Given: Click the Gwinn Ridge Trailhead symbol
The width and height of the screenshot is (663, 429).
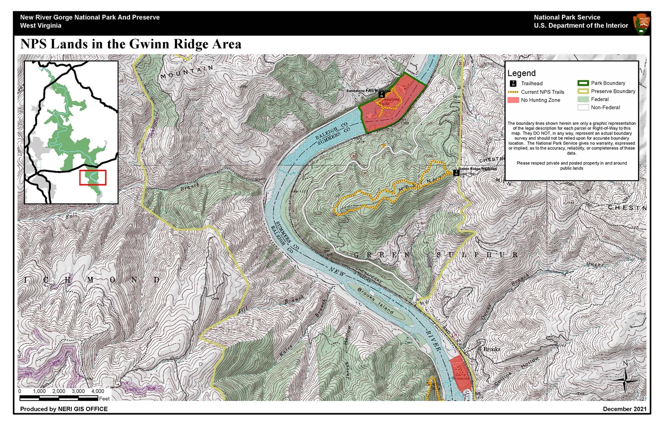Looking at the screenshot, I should click(x=456, y=173).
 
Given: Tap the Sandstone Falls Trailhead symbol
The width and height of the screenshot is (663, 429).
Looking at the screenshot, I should click(x=381, y=95).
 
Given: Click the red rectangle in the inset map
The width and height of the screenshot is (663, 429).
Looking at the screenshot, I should click(x=93, y=178).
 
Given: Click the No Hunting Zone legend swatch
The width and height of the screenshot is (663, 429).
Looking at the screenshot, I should click(x=513, y=100).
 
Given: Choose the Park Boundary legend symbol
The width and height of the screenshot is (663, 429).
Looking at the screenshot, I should click(x=583, y=83).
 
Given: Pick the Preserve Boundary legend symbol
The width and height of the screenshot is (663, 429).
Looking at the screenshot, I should click(x=583, y=91).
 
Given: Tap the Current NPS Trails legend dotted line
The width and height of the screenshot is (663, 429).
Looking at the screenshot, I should click(x=513, y=92).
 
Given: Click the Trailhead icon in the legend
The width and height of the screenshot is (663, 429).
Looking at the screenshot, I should click(x=513, y=84).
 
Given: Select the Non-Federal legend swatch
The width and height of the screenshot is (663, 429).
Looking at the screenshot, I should click(x=583, y=108).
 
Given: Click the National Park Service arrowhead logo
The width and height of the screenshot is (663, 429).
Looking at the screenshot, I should click(x=641, y=23).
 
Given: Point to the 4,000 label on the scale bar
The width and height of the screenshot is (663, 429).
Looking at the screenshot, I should click(x=97, y=391).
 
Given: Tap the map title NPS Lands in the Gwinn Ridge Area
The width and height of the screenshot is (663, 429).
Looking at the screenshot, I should click(x=131, y=45).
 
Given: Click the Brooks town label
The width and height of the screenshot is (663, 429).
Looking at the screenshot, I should click(x=492, y=349).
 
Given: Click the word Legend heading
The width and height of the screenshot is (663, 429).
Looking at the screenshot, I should click(x=521, y=73).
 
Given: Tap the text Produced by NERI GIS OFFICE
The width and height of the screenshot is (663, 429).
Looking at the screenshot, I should click(x=64, y=409).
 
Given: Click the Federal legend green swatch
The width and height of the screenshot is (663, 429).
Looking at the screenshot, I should click(x=583, y=99).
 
